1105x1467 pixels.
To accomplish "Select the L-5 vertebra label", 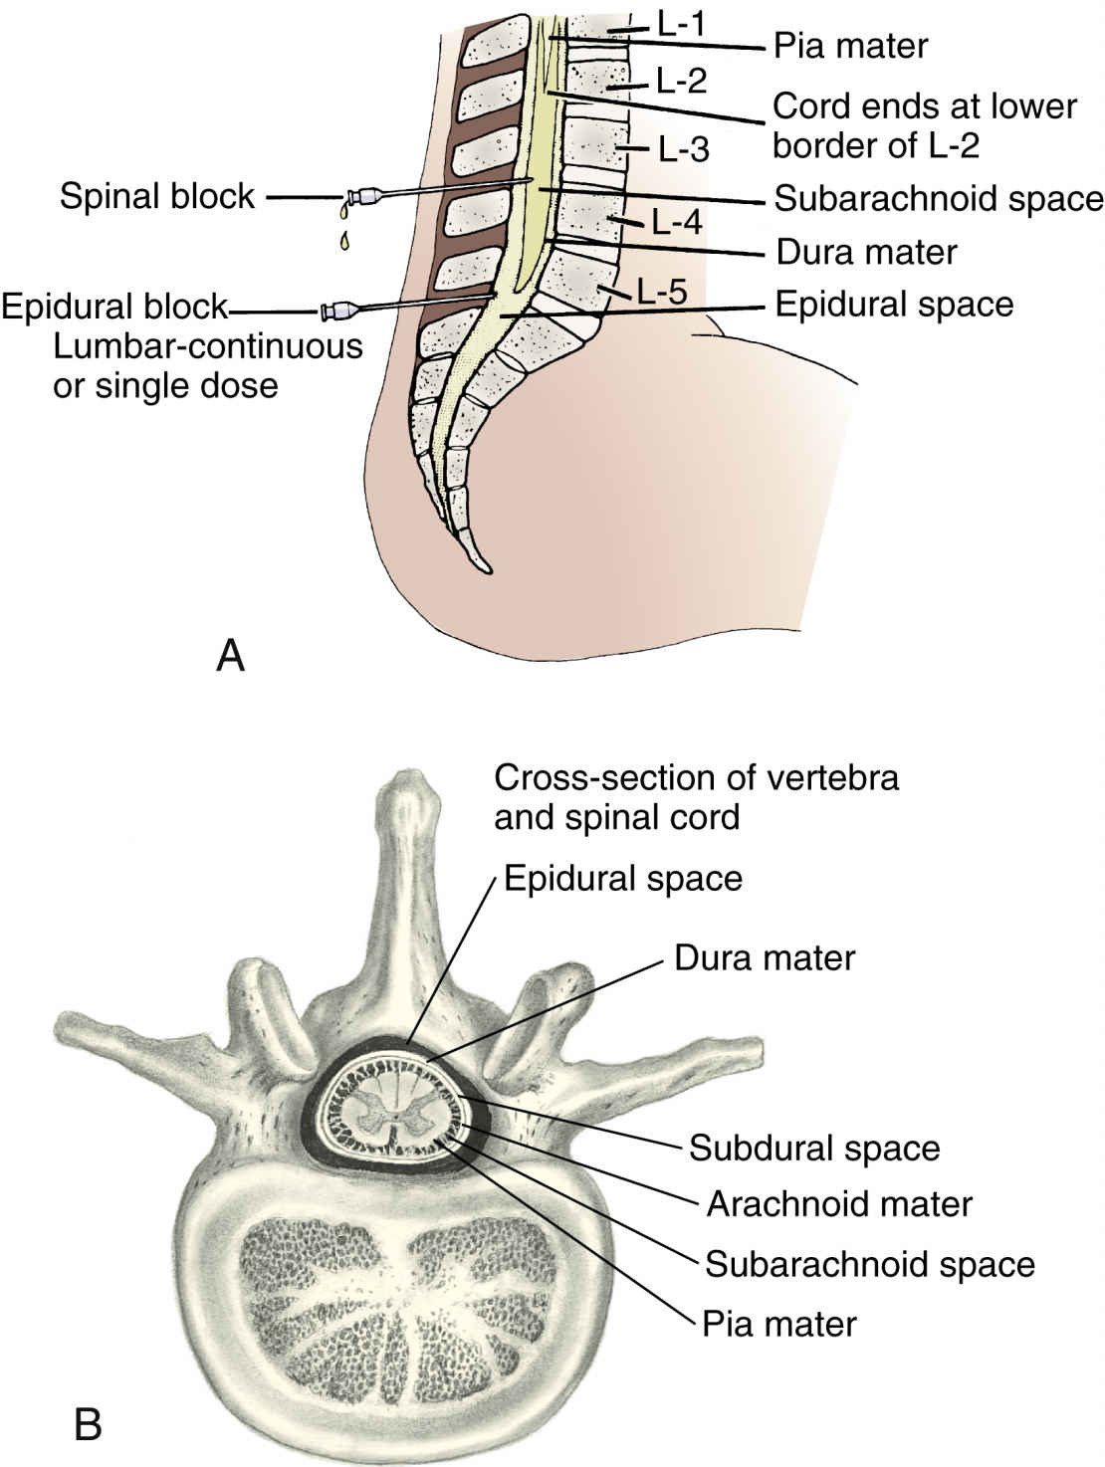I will (662, 293).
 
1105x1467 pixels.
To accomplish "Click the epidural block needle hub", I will (337, 313).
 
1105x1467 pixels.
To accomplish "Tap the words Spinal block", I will (157, 196).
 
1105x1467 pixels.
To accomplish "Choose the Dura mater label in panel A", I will (866, 252).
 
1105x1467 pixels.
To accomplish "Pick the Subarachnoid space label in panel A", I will (939, 198).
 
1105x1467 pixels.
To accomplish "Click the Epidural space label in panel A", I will (894, 304).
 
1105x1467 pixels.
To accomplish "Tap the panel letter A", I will (230, 656).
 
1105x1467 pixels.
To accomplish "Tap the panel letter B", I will (89, 1425).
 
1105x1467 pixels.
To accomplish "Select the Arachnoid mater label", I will (839, 1204).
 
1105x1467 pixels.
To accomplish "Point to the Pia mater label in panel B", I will (779, 1324).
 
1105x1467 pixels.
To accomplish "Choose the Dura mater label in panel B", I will (765, 958).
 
